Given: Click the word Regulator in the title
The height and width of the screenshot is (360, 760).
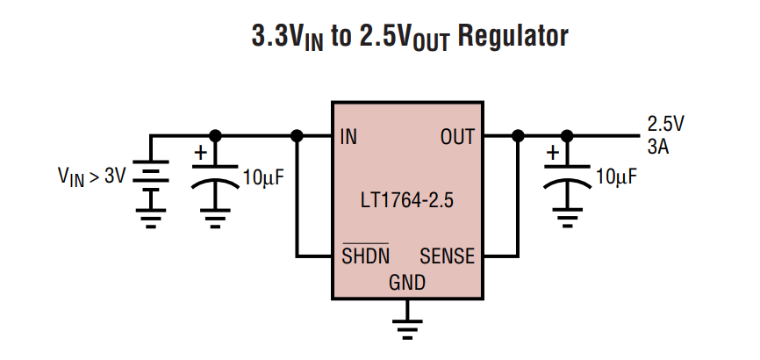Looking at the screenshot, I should tap(513, 37).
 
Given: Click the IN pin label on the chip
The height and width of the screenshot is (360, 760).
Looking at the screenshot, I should tap(348, 137).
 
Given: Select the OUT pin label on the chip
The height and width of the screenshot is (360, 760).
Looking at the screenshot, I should tap(457, 137).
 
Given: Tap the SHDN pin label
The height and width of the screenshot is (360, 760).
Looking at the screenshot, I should tap(365, 257).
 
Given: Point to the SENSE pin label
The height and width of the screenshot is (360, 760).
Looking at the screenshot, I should tap(447, 257).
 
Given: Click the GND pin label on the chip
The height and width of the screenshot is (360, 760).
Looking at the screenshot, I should tap(406, 283).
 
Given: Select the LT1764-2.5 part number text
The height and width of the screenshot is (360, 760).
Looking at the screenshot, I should tap(406, 200).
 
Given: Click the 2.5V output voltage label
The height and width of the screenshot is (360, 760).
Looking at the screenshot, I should tap(665, 124).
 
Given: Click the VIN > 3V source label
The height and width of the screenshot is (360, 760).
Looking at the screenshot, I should tap(91, 176).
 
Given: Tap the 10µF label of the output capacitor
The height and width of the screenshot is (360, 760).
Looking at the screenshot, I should tap(616, 176).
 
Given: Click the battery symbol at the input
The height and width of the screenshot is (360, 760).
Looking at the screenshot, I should tap(151, 176).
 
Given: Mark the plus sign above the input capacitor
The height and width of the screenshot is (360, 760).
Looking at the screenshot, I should tap(200, 153).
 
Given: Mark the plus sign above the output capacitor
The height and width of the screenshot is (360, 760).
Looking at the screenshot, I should tap(552, 153).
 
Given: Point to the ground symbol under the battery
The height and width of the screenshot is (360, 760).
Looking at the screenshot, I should tap(151, 219).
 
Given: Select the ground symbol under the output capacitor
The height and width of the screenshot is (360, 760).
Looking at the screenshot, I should tap(568, 215).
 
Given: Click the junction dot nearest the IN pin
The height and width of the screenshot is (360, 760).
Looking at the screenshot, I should tap(298, 136).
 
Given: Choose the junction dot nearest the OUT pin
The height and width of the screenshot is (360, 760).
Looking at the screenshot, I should tap(518, 136).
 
